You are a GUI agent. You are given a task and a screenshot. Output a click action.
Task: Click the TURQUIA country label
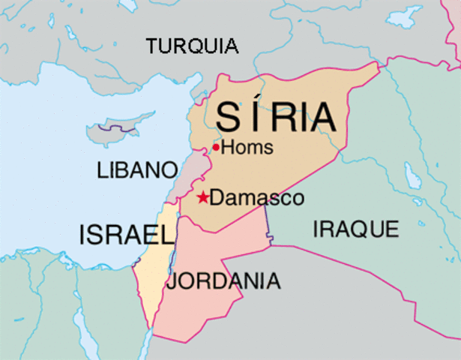tap(193, 46)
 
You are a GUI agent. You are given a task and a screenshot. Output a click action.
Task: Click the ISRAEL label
tap(127, 235)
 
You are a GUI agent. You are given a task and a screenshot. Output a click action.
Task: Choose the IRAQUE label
tap(355, 229)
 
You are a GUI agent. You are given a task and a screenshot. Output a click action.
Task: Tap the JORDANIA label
tap(223, 282)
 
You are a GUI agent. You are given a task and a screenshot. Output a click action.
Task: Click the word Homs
tap(247, 147)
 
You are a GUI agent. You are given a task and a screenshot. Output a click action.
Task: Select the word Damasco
tap(256, 199)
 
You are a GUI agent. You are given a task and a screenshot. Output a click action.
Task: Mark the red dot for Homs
tap(216, 147)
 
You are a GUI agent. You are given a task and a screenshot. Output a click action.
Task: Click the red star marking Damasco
tap(202, 198)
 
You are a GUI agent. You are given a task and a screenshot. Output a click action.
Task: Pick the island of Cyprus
tap(112, 134)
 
